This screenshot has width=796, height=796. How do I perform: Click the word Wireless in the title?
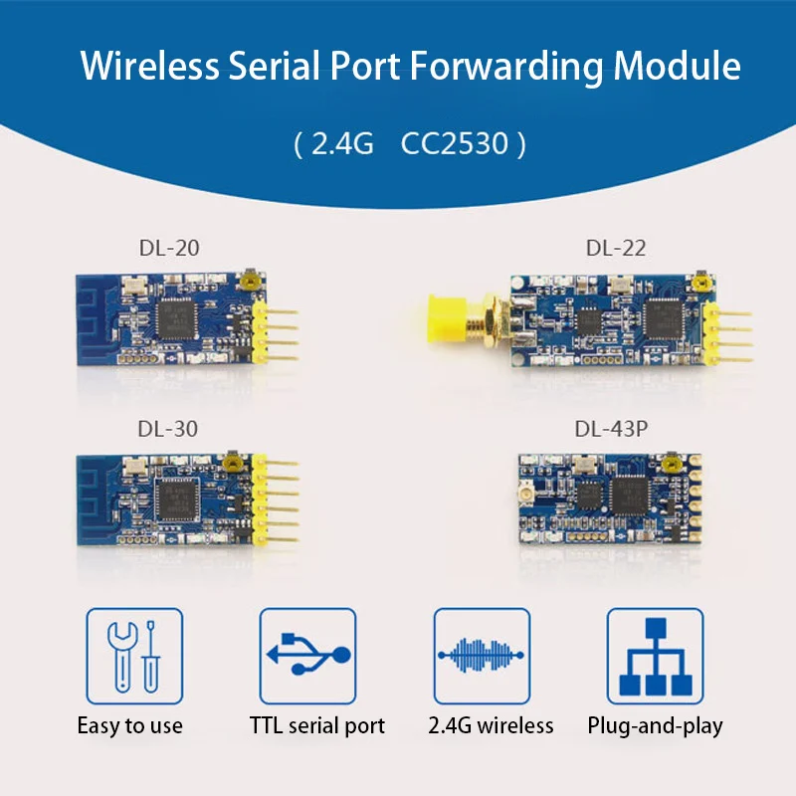point(150,66)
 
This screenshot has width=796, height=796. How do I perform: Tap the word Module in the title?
point(678,66)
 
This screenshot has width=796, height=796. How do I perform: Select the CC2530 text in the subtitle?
point(455,143)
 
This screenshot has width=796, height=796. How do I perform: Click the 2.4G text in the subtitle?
point(342,143)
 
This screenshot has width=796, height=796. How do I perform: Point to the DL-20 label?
point(169,248)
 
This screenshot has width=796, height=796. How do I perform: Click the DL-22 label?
point(616,248)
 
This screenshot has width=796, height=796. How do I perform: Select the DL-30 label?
point(167,429)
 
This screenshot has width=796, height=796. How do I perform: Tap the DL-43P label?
point(611,429)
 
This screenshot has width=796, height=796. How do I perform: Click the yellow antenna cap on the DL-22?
point(447,318)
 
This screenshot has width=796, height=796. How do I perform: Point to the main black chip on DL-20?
point(177,318)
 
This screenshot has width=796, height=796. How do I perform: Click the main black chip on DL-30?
point(177,499)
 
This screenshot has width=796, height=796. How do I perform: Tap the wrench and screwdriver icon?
point(134,656)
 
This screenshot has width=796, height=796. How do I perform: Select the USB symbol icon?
point(307,656)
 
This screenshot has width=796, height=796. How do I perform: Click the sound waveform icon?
point(482,656)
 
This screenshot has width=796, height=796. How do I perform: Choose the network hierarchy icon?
point(656,656)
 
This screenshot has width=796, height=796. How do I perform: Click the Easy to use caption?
point(130,726)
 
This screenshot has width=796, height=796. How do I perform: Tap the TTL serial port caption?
point(317,726)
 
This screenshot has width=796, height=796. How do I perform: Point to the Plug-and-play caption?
point(655,726)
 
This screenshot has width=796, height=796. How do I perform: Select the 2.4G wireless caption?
point(491,726)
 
